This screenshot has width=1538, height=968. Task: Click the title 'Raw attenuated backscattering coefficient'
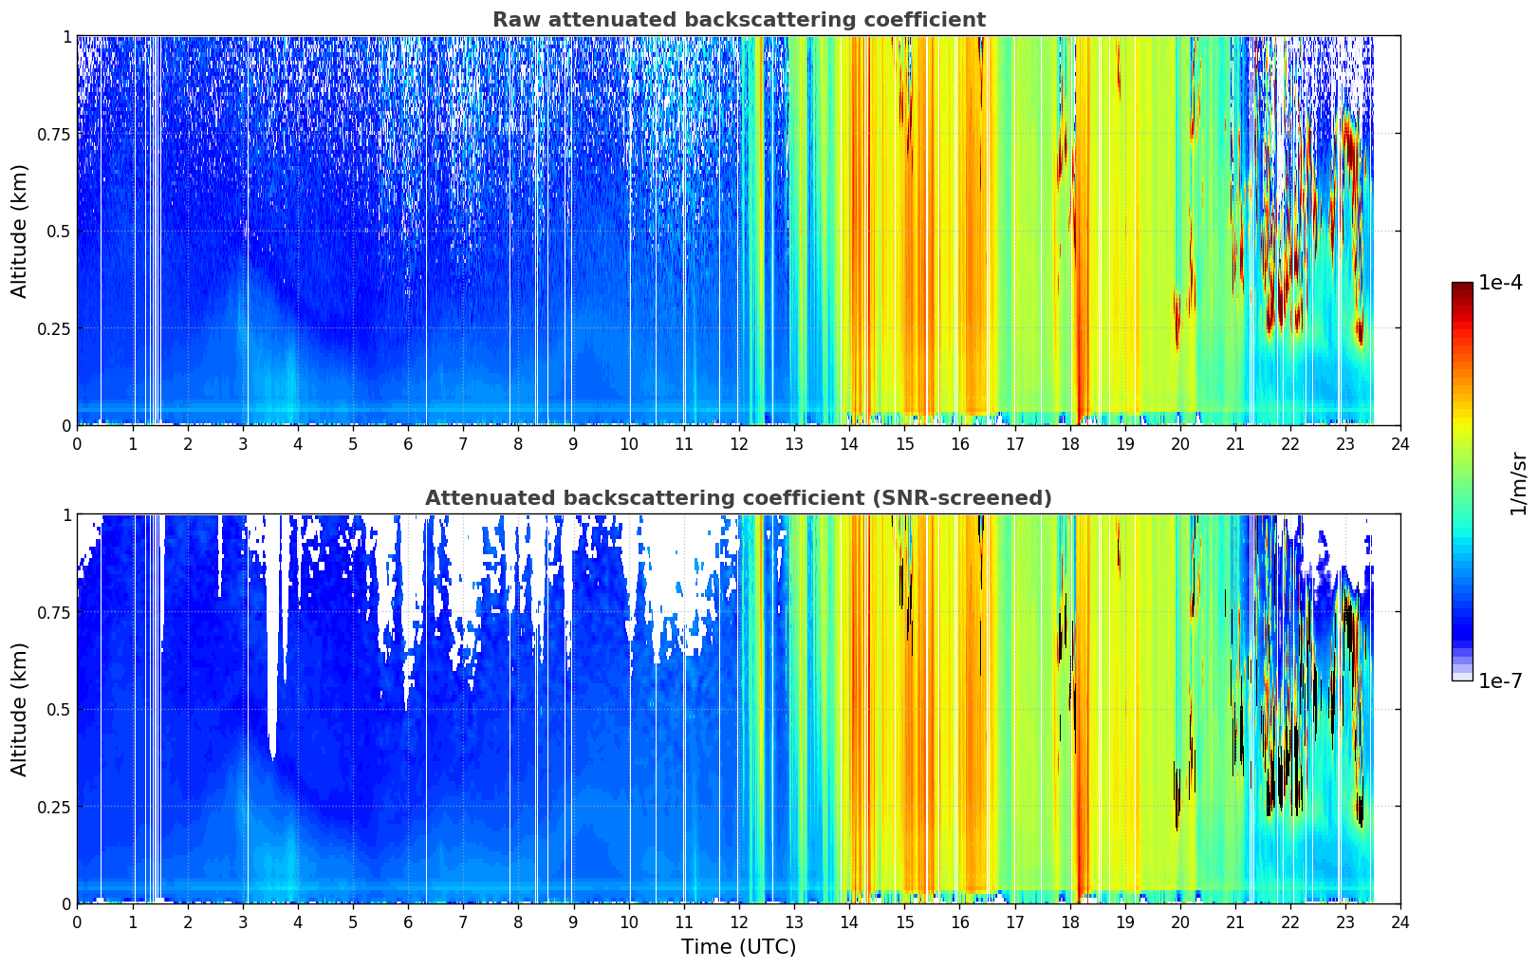pyautogui.click(x=739, y=19)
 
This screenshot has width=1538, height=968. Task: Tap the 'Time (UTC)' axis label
pyautogui.click(x=738, y=947)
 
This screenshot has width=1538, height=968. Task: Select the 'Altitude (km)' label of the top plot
pyautogui.click(x=19, y=231)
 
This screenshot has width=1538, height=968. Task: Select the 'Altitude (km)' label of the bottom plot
pyautogui.click(x=19, y=709)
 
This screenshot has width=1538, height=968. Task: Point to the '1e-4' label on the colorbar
pyautogui.click(x=1500, y=282)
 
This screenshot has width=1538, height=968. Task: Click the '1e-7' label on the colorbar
pyautogui.click(x=1500, y=681)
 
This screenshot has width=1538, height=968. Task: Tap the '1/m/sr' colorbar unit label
pyautogui.click(x=1518, y=483)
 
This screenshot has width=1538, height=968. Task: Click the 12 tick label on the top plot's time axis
pyautogui.click(x=739, y=444)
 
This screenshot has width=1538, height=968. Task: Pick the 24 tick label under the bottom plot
pyautogui.click(x=1400, y=922)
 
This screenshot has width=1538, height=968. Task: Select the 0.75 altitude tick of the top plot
pyautogui.click(x=54, y=134)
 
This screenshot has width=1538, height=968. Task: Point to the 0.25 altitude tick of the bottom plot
pyautogui.click(x=54, y=807)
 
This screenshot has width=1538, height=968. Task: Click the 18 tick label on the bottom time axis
pyautogui.click(x=1069, y=922)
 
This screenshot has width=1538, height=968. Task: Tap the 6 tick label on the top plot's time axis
pyautogui.click(x=408, y=444)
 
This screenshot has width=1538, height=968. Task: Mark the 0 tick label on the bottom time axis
pyautogui.click(x=77, y=922)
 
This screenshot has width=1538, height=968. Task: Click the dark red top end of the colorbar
pyautogui.click(x=1462, y=287)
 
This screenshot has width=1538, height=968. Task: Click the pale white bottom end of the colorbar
pyautogui.click(x=1462, y=677)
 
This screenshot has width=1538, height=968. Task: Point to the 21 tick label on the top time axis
pyautogui.click(x=1235, y=444)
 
